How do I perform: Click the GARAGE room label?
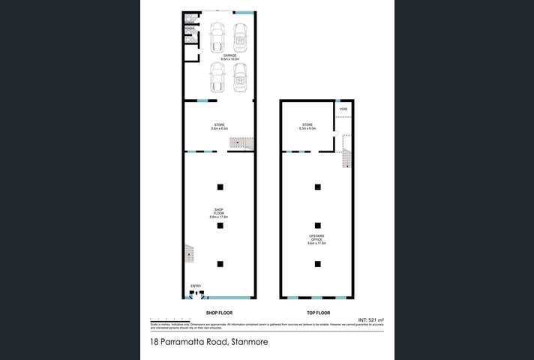[x=230, y=56]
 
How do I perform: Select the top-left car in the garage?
[x=217, y=34]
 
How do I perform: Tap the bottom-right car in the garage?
[x=241, y=77]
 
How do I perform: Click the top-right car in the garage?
[x=241, y=34]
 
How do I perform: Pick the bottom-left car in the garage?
[x=217, y=77]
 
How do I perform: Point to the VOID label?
[x=343, y=109]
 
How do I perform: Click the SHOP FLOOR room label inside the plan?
[x=219, y=212]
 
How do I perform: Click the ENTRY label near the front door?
[x=196, y=286]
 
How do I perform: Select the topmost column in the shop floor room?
[x=220, y=187]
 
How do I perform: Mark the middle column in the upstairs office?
[x=317, y=225]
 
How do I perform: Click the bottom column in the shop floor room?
[x=220, y=263]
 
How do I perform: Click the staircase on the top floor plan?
[x=346, y=157]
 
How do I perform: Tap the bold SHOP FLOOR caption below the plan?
[x=219, y=312]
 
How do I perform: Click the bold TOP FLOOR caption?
[x=318, y=312]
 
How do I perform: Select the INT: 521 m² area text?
[x=370, y=320]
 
